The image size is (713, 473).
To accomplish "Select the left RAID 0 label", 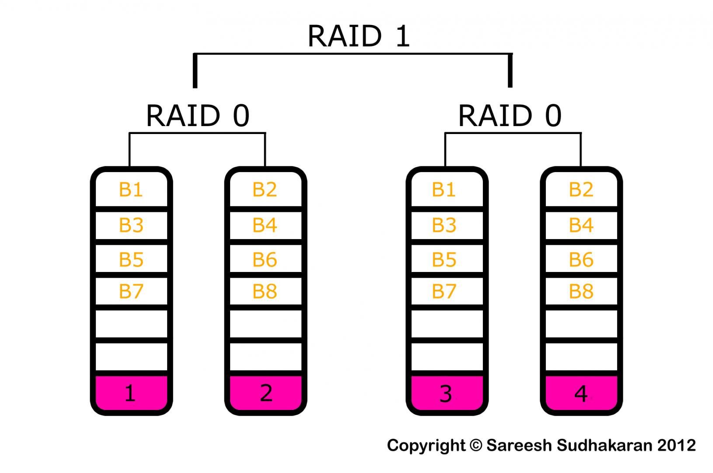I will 198,116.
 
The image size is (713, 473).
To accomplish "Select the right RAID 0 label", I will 510,116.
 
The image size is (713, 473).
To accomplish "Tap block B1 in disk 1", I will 131,190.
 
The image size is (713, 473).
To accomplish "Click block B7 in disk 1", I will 131,291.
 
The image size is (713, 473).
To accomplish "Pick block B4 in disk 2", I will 265,225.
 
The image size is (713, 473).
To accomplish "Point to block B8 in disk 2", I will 265,291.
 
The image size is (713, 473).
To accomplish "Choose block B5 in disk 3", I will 444,260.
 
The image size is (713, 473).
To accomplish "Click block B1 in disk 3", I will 444,190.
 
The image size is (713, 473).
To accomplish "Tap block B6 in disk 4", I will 581,260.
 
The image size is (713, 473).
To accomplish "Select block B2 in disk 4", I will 581,190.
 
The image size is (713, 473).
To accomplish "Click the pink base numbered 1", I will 131,393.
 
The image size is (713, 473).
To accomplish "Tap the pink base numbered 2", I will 266,393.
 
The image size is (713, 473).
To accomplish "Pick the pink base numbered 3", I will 446,393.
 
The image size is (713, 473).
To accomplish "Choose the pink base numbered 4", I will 581,393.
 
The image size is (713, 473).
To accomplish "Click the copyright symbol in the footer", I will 476,445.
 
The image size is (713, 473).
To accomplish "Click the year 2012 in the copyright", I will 676,445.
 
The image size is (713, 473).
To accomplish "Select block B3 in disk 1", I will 131,225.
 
